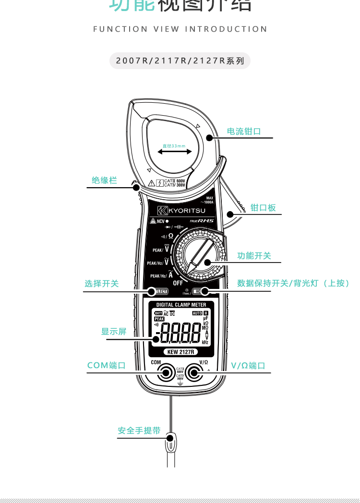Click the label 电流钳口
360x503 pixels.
tap(244, 131)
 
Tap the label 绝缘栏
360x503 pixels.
tap(104, 180)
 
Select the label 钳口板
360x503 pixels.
tap(263, 208)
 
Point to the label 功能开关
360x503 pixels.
tap(254, 256)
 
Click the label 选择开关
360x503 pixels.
tap(101, 284)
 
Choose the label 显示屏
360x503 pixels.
tap(114, 331)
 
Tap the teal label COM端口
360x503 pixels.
tap(106, 365)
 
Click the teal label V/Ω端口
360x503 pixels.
tap(248, 365)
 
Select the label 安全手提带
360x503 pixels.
tap(139, 431)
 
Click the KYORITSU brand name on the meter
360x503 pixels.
tap(181, 211)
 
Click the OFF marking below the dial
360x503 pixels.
tap(178, 283)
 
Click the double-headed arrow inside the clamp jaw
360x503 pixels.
tap(175, 152)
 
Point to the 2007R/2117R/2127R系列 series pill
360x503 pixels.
tap(180, 61)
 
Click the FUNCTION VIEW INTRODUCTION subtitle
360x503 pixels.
tap(180, 29)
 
